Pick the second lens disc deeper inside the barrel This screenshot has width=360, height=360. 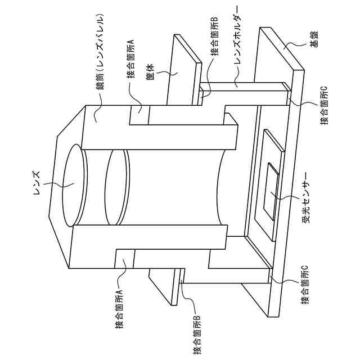[117, 186]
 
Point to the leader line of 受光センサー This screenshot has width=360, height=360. [286, 198]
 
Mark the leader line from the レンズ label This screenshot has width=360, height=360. [53, 183]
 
